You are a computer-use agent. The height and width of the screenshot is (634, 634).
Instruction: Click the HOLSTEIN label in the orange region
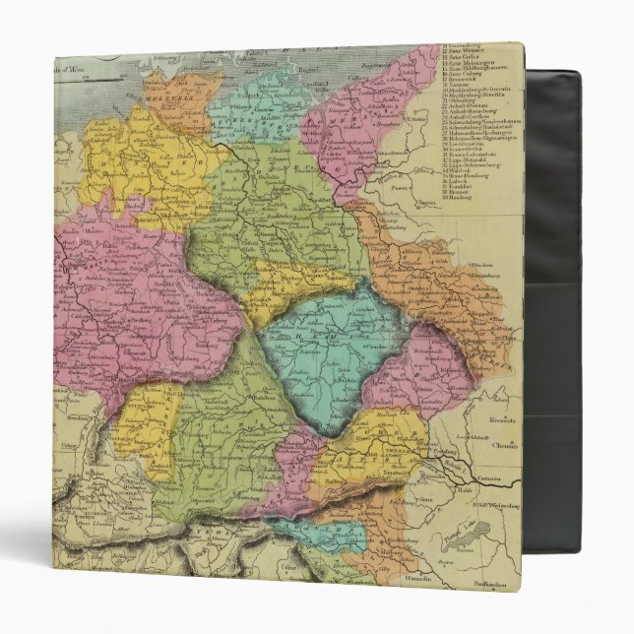[x=164, y=100]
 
